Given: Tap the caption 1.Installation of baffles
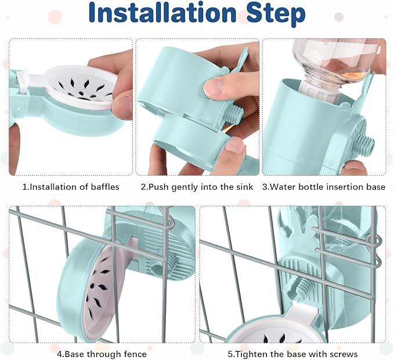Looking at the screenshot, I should [71, 187].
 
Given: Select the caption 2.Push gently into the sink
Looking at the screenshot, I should [197, 187].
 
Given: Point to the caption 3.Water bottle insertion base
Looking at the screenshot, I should [324, 187].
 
